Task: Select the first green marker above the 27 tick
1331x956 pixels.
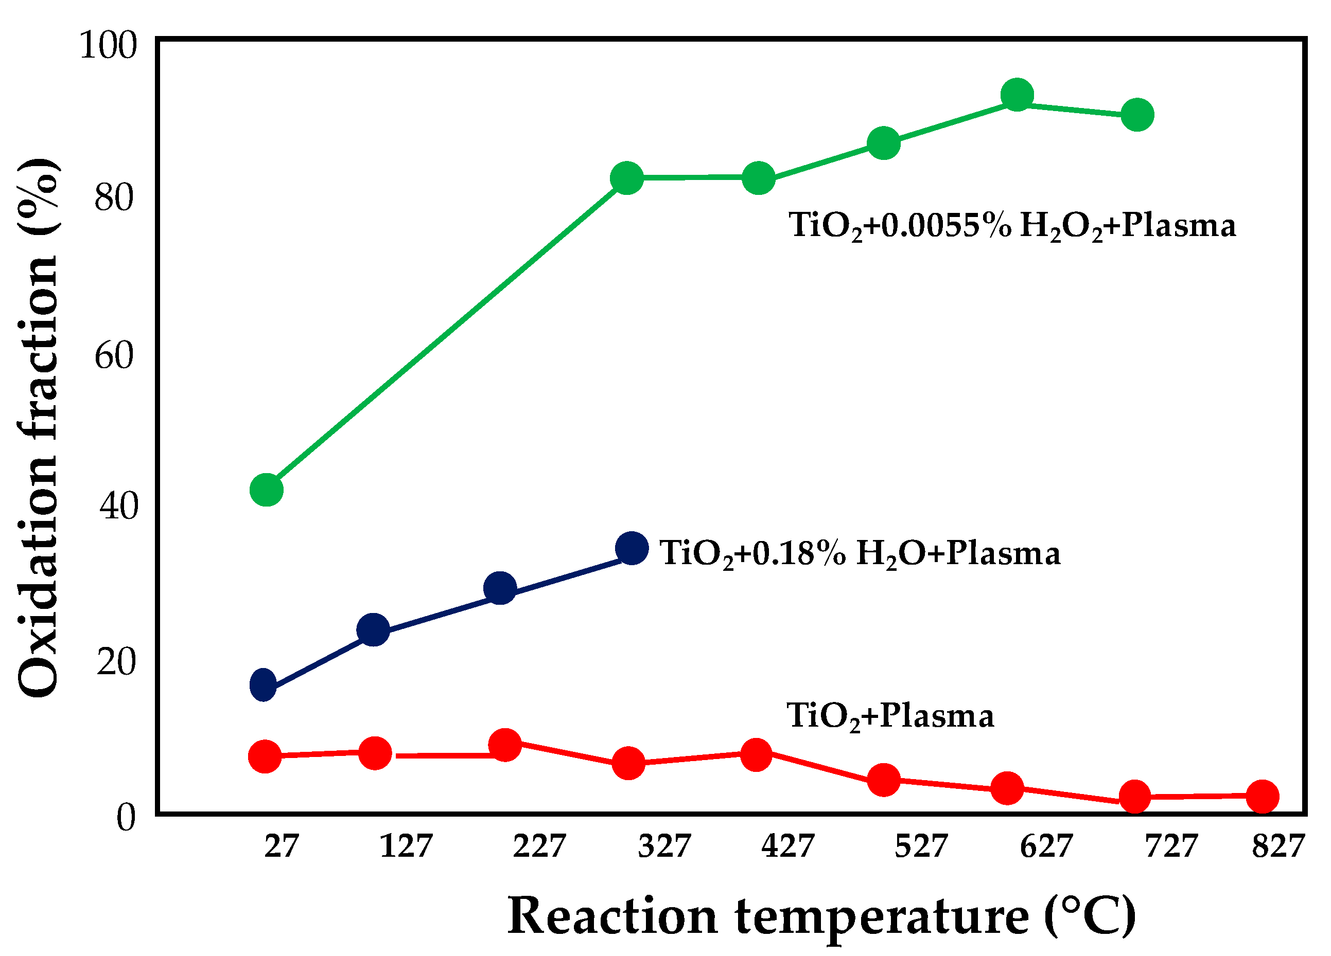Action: [267, 489]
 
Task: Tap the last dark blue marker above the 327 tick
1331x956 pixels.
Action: [632, 548]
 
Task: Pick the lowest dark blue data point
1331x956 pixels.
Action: [263, 684]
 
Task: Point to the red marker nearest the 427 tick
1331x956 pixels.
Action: [756, 754]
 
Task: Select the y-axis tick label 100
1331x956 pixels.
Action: [108, 45]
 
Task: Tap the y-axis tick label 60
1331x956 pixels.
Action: [114, 355]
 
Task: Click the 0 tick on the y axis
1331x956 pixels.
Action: [126, 817]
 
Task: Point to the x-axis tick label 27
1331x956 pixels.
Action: [281, 846]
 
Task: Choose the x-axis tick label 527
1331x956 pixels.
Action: [921, 846]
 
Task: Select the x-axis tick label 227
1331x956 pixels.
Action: [539, 846]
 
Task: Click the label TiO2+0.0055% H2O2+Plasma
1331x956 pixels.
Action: [1012, 226]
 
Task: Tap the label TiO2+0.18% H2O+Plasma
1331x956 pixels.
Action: [860, 554]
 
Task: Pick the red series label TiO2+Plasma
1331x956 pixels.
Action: [890, 716]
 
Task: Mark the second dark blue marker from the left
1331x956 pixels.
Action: [373, 630]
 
